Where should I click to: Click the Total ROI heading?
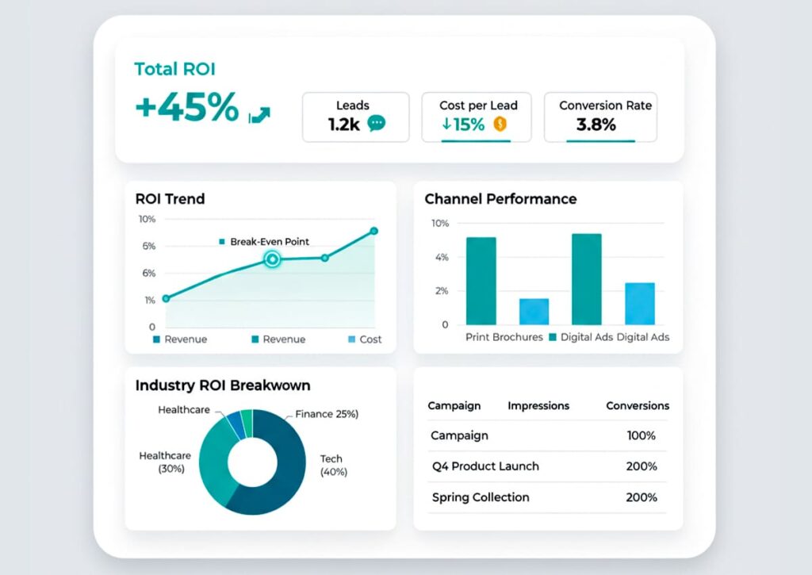(x=174, y=69)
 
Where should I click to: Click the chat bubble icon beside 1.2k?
(x=377, y=124)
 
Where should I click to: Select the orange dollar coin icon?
(x=500, y=124)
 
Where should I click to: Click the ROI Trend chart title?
(x=170, y=198)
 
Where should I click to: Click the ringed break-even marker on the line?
(x=272, y=259)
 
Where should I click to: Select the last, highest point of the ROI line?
(x=373, y=232)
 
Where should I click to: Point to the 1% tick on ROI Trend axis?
(x=150, y=300)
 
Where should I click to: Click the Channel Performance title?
(x=500, y=198)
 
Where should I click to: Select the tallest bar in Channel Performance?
(x=586, y=278)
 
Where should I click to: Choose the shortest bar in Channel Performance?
(x=534, y=311)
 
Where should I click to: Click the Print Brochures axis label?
(x=504, y=337)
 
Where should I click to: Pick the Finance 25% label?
(x=327, y=414)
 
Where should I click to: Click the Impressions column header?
(x=538, y=405)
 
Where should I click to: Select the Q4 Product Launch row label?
(x=485, y=466)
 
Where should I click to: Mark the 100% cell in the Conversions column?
(x=642, y=435)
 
